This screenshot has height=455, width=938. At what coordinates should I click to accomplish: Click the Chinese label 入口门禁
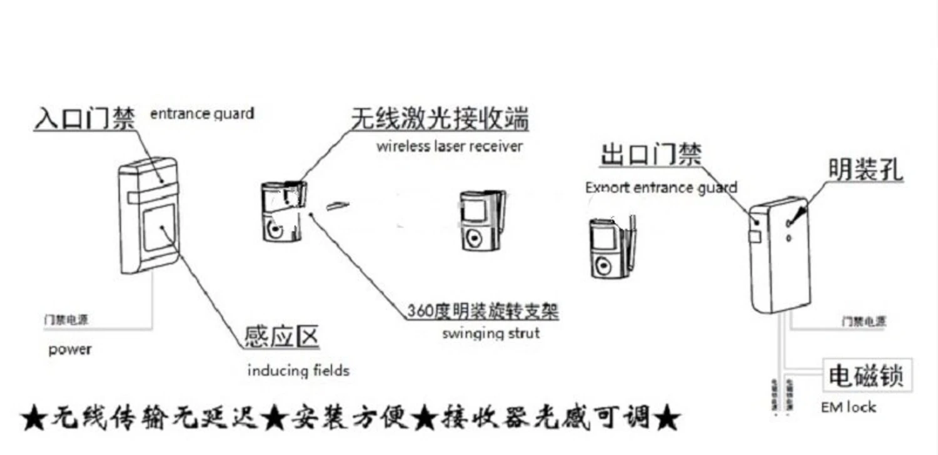pyautogui.click(x=84, y=118)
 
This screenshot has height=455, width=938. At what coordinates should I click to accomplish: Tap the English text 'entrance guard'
pyautogui.click(x=202, y=114)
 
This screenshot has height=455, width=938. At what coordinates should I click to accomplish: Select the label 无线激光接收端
pyautogui.click(x=439, y=118)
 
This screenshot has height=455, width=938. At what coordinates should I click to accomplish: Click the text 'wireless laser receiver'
pyautogui.click(x=450, y=146)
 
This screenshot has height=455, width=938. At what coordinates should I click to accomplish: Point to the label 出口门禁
pyautogui.click(x=650, y=155)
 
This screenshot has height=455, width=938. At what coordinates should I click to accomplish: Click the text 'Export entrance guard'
pyautogui.click(x=661, y=187)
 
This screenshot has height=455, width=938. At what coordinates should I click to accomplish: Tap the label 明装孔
pyautogui.click(x=866, y=170)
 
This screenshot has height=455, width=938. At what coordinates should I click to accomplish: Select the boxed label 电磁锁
pyautogui.click(x=866, y=377)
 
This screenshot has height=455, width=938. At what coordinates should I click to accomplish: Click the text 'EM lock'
pyautogui.click(x=848, y=407)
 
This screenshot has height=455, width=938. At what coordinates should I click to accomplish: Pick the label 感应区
pyautogui.click(x=281, y=337)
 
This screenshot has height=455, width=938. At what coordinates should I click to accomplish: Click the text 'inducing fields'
pyautogui.click(x=298, y=371)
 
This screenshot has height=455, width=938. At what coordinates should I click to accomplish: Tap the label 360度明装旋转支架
pyautogui.click(x=482, y=311)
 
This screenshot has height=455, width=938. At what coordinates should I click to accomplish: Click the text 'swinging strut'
pyautogui.click(x=490, y=333)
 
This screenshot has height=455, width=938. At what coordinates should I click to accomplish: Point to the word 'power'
pyautogui.click(x=69, y=350)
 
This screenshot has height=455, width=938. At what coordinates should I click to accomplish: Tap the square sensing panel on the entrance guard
pyautogui.click(x=159, y=230)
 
